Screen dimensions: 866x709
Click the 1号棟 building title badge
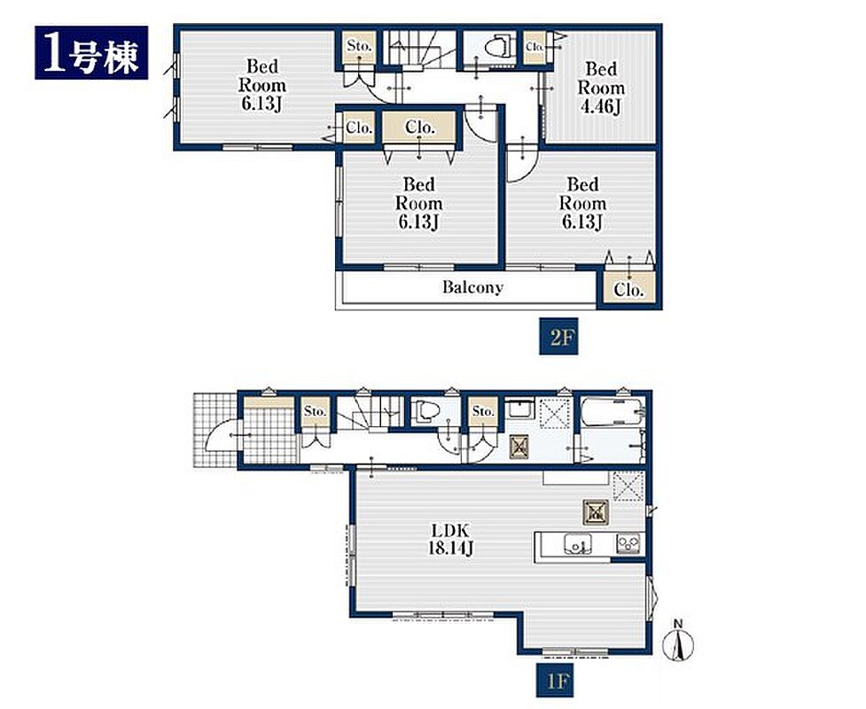[x=91, y=52]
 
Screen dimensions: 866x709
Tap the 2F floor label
[x=558, y=336]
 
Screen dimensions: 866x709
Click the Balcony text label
[x=472, y=287]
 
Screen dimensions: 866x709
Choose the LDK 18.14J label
[x=450, y=540]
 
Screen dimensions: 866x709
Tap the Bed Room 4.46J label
[x=601, y=88]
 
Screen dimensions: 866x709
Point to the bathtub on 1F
[x=612, y=412]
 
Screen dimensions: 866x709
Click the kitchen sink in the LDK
[x=578, y=543]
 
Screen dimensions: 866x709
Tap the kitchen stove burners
[x=628, y=543]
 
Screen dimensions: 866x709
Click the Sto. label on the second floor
[x=360, y=46]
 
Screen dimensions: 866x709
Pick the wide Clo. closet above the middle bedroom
[x=420, y=128]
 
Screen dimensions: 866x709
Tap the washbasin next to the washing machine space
[x=519, y=409]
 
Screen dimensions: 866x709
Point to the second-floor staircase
[x=420, y=48]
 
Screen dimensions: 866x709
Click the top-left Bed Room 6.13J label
[x=262, y=85]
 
